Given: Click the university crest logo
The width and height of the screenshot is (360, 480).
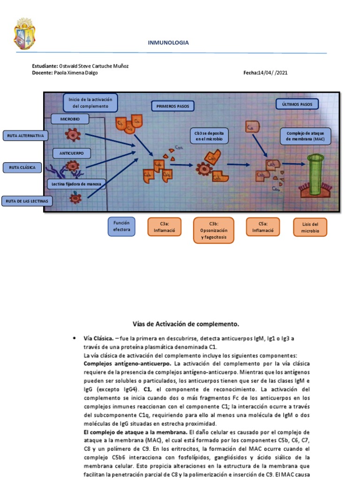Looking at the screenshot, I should [x=24, y=34].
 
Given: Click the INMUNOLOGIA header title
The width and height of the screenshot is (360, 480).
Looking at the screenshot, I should [x=168, y=43].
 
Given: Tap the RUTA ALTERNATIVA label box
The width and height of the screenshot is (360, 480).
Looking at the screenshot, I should [x=25, y=136].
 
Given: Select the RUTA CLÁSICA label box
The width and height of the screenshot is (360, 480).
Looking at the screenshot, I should [x=22, y=167].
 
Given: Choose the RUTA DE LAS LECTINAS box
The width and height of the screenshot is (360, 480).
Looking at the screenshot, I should [x=27, y=201].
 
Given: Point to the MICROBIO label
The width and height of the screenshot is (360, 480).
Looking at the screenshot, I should [x=70, y=119].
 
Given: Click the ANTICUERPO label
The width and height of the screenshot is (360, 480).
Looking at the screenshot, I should [x=72, y=153].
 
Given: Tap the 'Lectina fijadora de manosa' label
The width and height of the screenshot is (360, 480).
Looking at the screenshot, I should [x=77, y=184].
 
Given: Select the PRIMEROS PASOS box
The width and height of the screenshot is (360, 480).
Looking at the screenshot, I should [x=172, y=106].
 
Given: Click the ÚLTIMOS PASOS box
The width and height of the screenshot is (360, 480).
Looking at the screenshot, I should [x=297, y=104].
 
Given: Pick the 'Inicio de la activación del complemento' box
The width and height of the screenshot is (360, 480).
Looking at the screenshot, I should [x=90, y=103].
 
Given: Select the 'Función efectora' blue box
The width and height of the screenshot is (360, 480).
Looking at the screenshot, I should [x=121, y=226].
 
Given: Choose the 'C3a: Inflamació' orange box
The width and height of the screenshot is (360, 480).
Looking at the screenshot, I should [x=164, y=227].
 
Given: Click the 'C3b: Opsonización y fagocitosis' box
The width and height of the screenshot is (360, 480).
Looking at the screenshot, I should [x=213, y=230].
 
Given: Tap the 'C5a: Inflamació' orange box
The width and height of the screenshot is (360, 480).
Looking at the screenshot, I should [x=262, y=227].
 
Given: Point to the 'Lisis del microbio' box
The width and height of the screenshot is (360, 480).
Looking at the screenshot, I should [x=310, y=227].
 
